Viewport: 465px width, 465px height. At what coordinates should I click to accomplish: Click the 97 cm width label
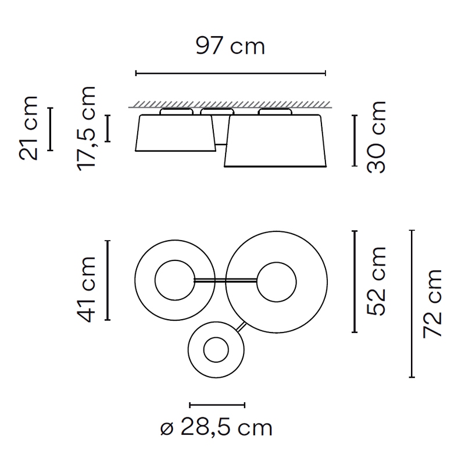pos(230,46)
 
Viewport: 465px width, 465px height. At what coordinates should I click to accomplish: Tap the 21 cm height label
pos(28,128)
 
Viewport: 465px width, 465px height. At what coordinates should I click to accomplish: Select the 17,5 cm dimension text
pos(86,128)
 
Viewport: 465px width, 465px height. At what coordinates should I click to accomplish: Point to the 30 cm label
pos(376,137)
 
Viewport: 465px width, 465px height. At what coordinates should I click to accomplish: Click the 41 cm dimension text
pos(86,289)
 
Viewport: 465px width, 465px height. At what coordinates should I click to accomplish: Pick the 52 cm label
pos(376,281)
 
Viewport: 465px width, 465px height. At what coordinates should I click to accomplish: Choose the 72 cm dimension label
pos(432,303)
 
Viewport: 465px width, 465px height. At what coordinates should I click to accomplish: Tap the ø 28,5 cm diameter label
pos(216,427)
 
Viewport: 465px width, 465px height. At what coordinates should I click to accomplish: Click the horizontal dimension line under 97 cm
pos(231,73)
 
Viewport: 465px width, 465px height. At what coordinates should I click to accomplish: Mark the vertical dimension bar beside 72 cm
pos(412,303)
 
